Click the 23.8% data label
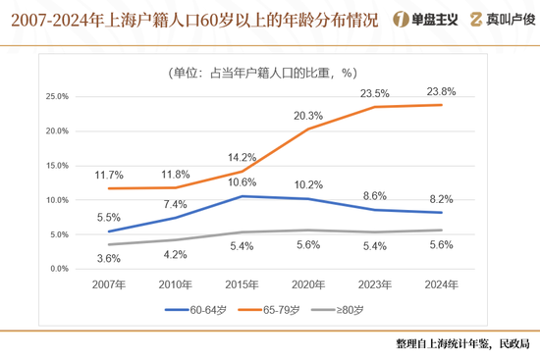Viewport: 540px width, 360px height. (440, 91)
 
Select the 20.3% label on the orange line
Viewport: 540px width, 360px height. (308, 115)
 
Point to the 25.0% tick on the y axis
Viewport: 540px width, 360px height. (57, 97)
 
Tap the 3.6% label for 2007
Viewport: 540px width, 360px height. (109, 258)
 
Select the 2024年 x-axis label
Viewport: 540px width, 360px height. (440, 284)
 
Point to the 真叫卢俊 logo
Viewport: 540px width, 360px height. (501, 19)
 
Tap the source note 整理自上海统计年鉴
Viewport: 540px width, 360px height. (462, 344)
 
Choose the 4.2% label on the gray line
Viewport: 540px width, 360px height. (175, 254)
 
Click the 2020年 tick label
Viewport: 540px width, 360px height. (308, 284)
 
